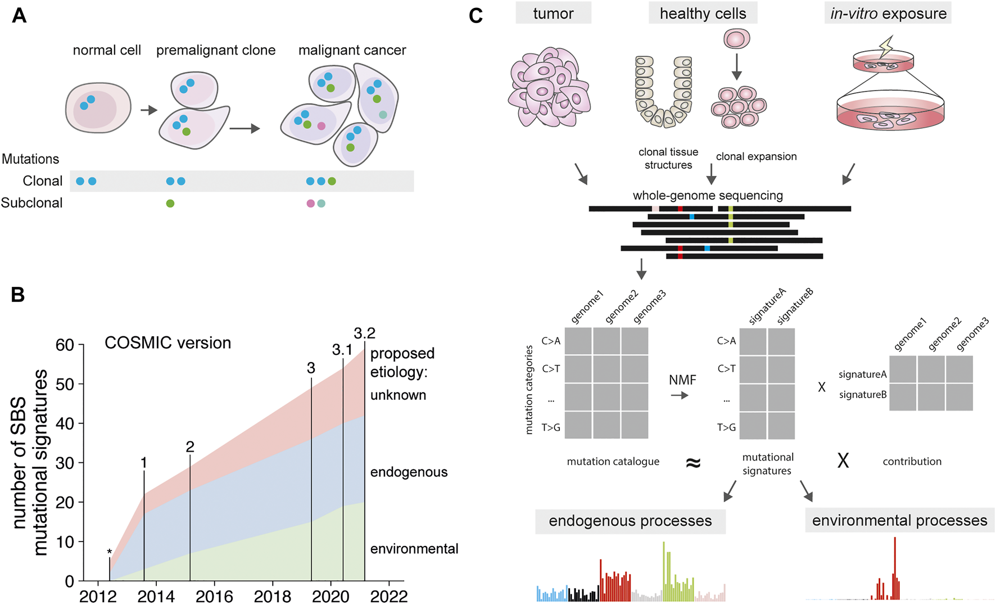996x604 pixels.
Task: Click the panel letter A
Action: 19,15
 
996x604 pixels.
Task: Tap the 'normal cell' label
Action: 107,50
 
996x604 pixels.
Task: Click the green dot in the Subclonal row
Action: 170,203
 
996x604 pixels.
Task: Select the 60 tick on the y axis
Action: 65,345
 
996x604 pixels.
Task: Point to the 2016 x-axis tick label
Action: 214,596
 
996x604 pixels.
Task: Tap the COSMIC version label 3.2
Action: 364,333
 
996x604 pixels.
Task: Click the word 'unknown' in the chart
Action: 398,395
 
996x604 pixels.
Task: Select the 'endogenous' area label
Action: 409,472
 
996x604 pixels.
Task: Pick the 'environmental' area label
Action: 414,548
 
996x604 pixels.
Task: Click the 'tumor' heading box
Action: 553,13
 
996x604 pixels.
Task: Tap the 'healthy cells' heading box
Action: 703,13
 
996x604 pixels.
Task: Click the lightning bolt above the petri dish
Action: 885,46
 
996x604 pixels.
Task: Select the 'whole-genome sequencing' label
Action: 708,195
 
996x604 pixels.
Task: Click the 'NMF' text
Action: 682,380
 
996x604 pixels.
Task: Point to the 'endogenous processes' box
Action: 630,521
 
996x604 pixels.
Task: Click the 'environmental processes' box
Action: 899,520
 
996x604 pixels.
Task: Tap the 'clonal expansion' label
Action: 756,156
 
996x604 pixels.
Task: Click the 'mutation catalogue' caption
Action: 613,461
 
